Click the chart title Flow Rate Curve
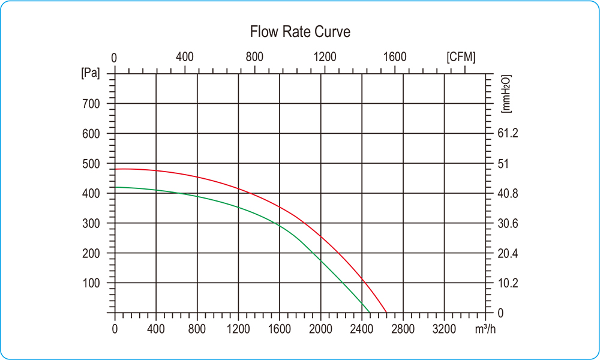point(300,32)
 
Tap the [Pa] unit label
point(90,73)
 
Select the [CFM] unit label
point(461,57)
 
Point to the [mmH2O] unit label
point(505,95)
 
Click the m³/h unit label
point(485,329)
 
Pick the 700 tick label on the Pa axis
point(91,104)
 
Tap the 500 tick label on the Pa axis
point(91,164)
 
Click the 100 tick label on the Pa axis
point(91,283)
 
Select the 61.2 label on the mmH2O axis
point(508,134)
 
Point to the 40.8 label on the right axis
point(508,194)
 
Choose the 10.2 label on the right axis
point(508,283)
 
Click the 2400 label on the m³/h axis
point(362,329)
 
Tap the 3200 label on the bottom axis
point(444,329)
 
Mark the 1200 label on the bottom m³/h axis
point(238,329)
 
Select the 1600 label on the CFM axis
point(395,57)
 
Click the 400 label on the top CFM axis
point(185,57)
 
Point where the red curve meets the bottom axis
point(387,313)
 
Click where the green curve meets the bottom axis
point(370,313)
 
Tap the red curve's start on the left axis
point(115,169)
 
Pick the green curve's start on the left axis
point(115,187)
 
